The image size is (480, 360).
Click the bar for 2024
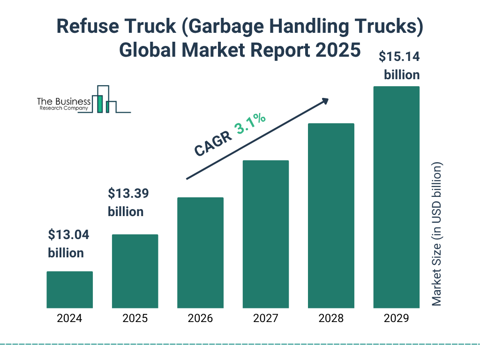[69, 290]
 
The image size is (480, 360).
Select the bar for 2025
[135, 271]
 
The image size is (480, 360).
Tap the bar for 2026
[200, 253]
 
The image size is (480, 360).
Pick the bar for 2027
[265, 234]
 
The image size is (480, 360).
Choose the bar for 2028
[331, 216]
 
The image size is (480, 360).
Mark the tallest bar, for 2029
[396, 197]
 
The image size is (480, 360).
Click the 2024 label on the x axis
[69, 319]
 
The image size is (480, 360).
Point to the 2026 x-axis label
[200, 319]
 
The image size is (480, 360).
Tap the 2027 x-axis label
[265, 319]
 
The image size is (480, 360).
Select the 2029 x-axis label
[396, 319]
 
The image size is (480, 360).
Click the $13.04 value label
[69, 234]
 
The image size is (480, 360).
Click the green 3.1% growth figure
[250, 124]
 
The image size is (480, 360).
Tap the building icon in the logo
[104, 100]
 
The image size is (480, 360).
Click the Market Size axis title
[437, 234]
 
